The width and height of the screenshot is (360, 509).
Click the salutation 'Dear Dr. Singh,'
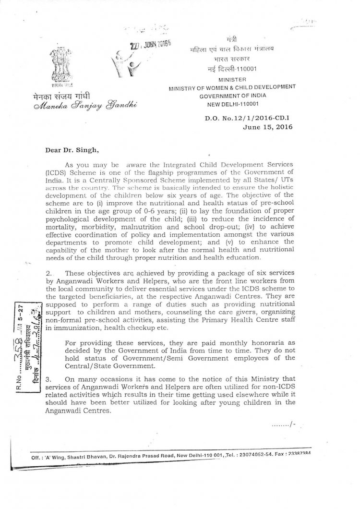(71, 150)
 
